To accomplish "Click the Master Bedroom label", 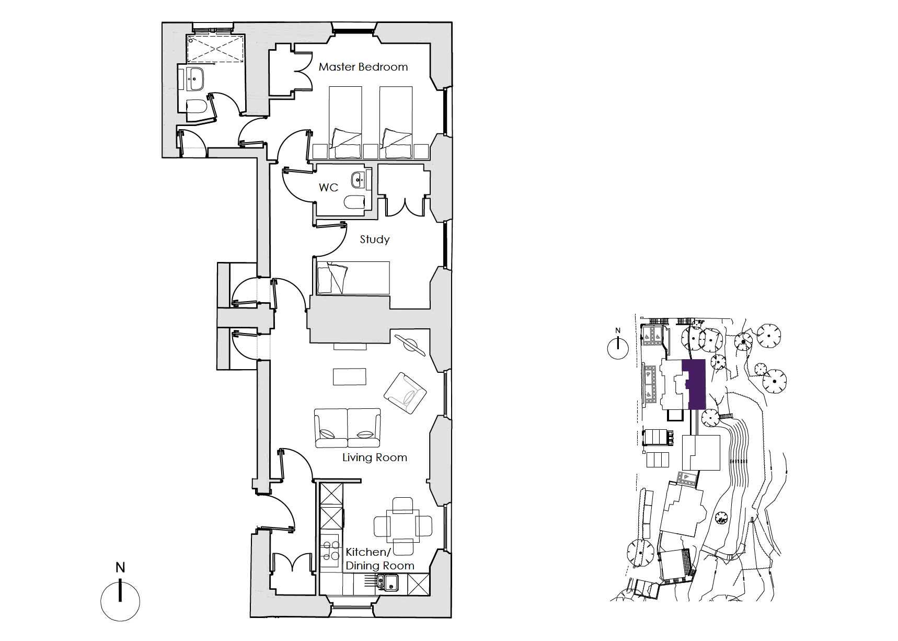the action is coord(363,67).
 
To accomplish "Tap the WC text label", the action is coord(328,187).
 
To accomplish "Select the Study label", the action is coord(375,239).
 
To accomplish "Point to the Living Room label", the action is coord(375,457).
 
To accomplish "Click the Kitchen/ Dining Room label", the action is coord(380,559).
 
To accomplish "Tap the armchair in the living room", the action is coord(405,393).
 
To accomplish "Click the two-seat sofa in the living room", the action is coord(348,428).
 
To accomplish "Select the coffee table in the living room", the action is coord(350,376).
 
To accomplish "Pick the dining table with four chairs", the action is coord(403,526).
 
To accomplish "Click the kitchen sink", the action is coord(387,582).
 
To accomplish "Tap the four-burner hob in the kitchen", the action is coord(330,551).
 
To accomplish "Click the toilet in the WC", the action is coord(355,202).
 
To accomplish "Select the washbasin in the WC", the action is coord(359,180).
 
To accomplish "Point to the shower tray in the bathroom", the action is coord(216,48).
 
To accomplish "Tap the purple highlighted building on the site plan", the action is coord(695,384).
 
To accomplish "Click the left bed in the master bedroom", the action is coord(346,122).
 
